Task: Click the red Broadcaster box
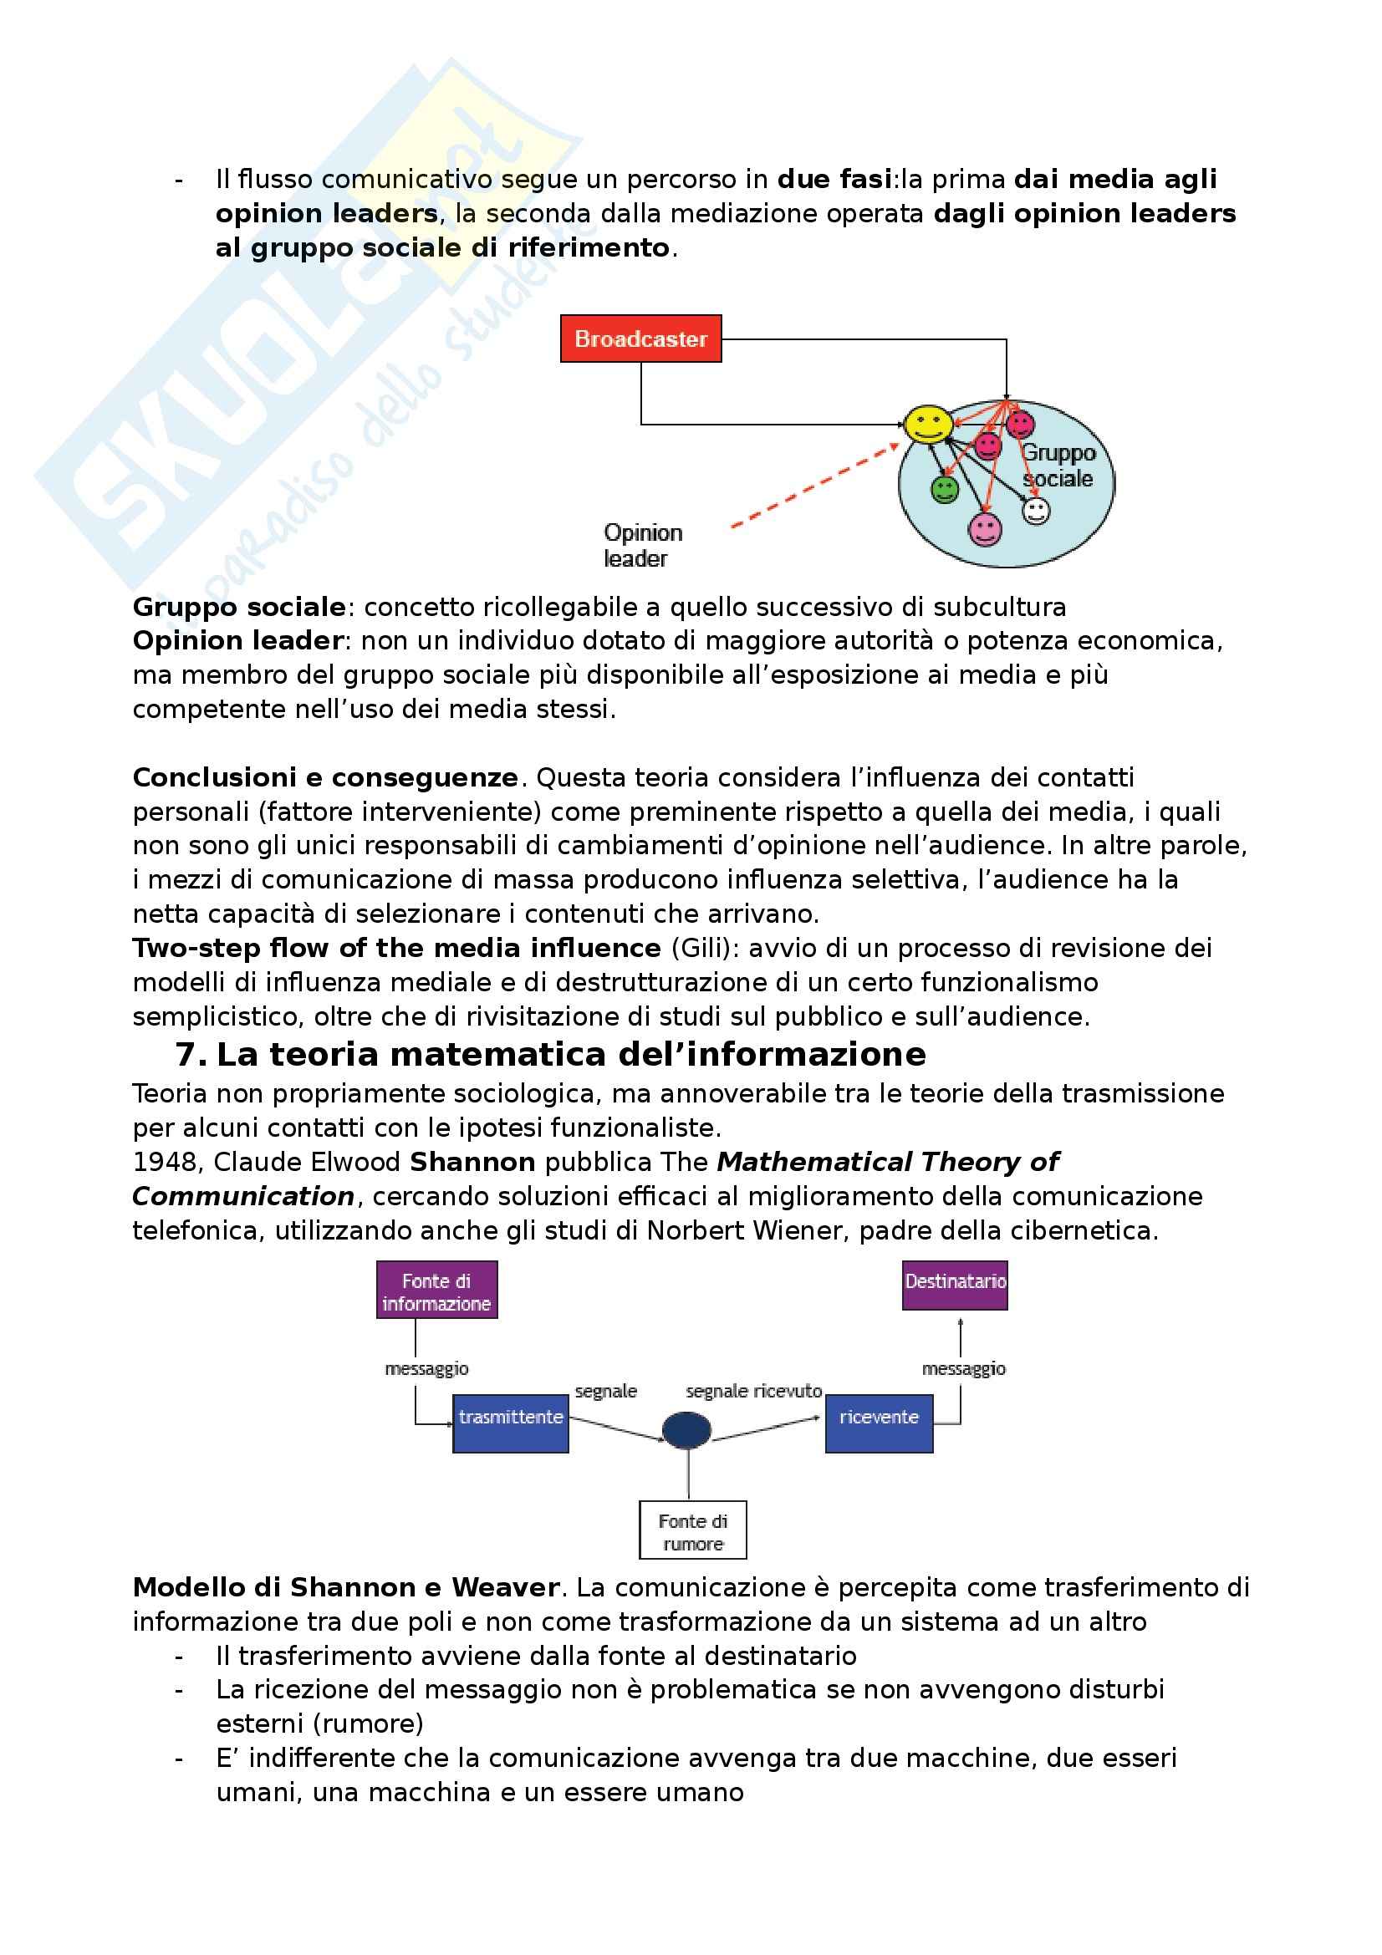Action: coord(640,339)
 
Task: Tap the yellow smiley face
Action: coord(927,423)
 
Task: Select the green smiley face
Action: coord(944,489)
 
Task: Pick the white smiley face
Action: coord(1035,511)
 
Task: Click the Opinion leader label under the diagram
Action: coord(642,545)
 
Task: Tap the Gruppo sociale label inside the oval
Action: coord(1058,466)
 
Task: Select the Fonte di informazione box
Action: coord(436,1291)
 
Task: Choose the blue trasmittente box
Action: coord(510,1418)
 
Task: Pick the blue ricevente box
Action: coord(879,1418)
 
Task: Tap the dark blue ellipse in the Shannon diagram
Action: coord(686,1429)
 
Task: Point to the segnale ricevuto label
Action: coord(753,1391)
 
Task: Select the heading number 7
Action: coord(191,1055)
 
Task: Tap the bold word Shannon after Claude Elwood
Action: coord(472,1163)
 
